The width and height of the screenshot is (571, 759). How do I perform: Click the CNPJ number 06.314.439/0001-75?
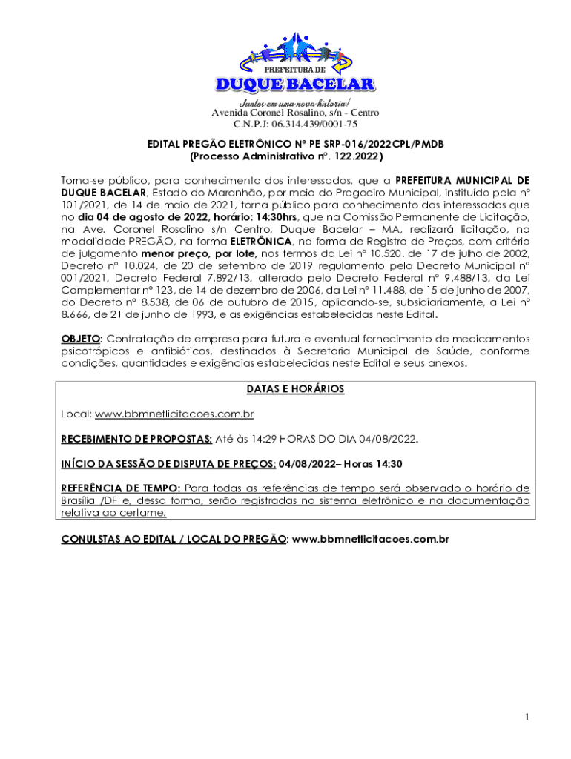click(295, 124)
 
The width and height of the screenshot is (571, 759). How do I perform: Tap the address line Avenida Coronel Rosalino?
click(295, 113)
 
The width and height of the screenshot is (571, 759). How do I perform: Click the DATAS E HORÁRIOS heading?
click(295, 389)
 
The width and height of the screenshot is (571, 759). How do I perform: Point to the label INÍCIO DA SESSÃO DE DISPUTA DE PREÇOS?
click(168, 464)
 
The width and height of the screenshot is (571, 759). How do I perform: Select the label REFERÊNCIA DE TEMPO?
click(120, 488)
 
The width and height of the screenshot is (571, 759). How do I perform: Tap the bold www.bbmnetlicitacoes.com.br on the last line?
click(371, 539)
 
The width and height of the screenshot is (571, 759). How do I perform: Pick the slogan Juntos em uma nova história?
click(295, 102)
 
